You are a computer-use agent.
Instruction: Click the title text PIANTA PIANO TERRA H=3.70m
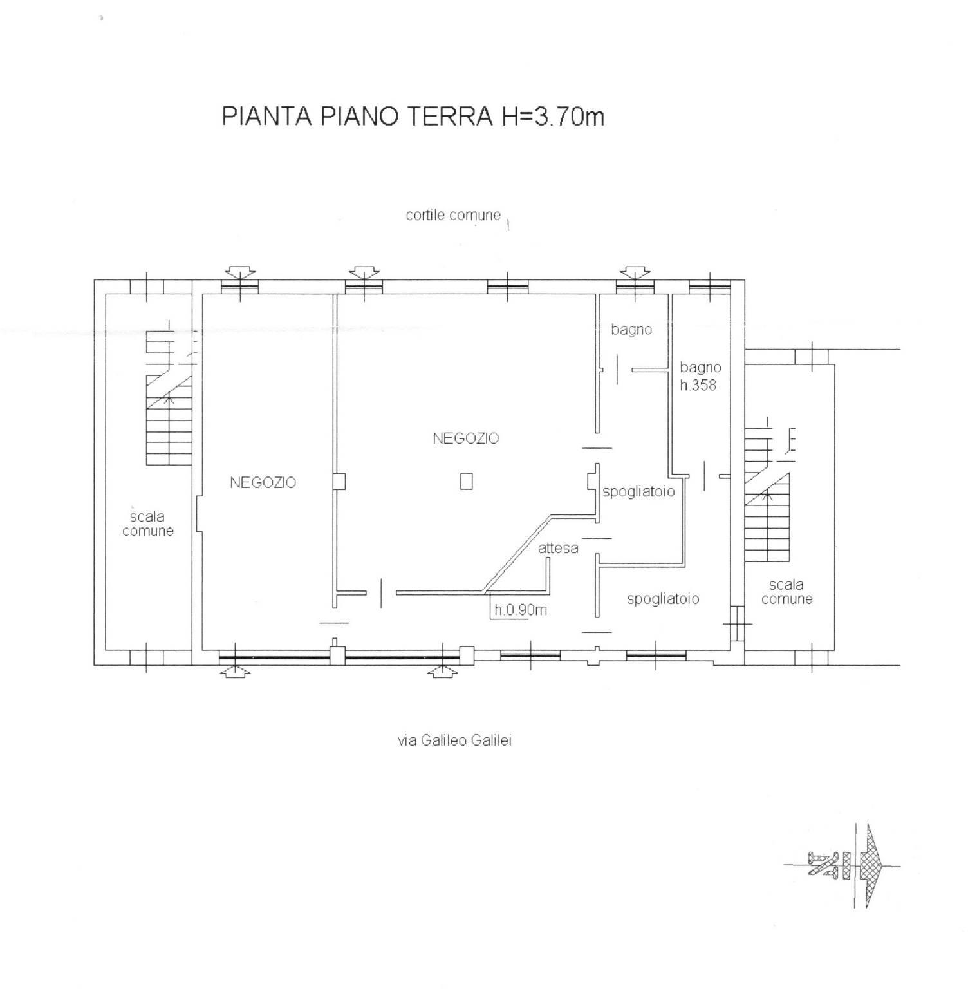pyautogui.click(x=413, y=117)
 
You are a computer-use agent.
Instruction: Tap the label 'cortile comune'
pyautogui.click(x=453, y=215)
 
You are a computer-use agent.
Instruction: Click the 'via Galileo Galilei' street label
pyautogui.click(x=454, y=740)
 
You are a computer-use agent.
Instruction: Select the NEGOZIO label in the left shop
pyautogui.click(x=263, y=482)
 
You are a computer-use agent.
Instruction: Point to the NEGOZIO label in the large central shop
pyautogui.click(x=466, y=438)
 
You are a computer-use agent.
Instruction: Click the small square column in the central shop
pyautogui.click(x=467, y=481)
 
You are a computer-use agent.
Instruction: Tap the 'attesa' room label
pyautogui.click(x=558, y=548)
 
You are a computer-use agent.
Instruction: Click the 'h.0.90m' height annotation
pyautogui.click(x=521, y=609)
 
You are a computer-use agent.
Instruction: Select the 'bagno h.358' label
pyautogui.click(x=700, y=377)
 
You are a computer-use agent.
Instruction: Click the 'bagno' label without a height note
pyautogui.click(x=631, y=330)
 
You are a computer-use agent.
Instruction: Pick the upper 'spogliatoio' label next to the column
pyautogui.click(x=638, y=492)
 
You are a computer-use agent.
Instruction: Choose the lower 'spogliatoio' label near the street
pyautogui.click(x=663, y=599)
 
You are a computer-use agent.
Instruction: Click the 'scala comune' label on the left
pyautogui.click(x=148, y=523)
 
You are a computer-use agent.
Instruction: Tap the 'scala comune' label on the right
pyautogui.click(x=786, y=592)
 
